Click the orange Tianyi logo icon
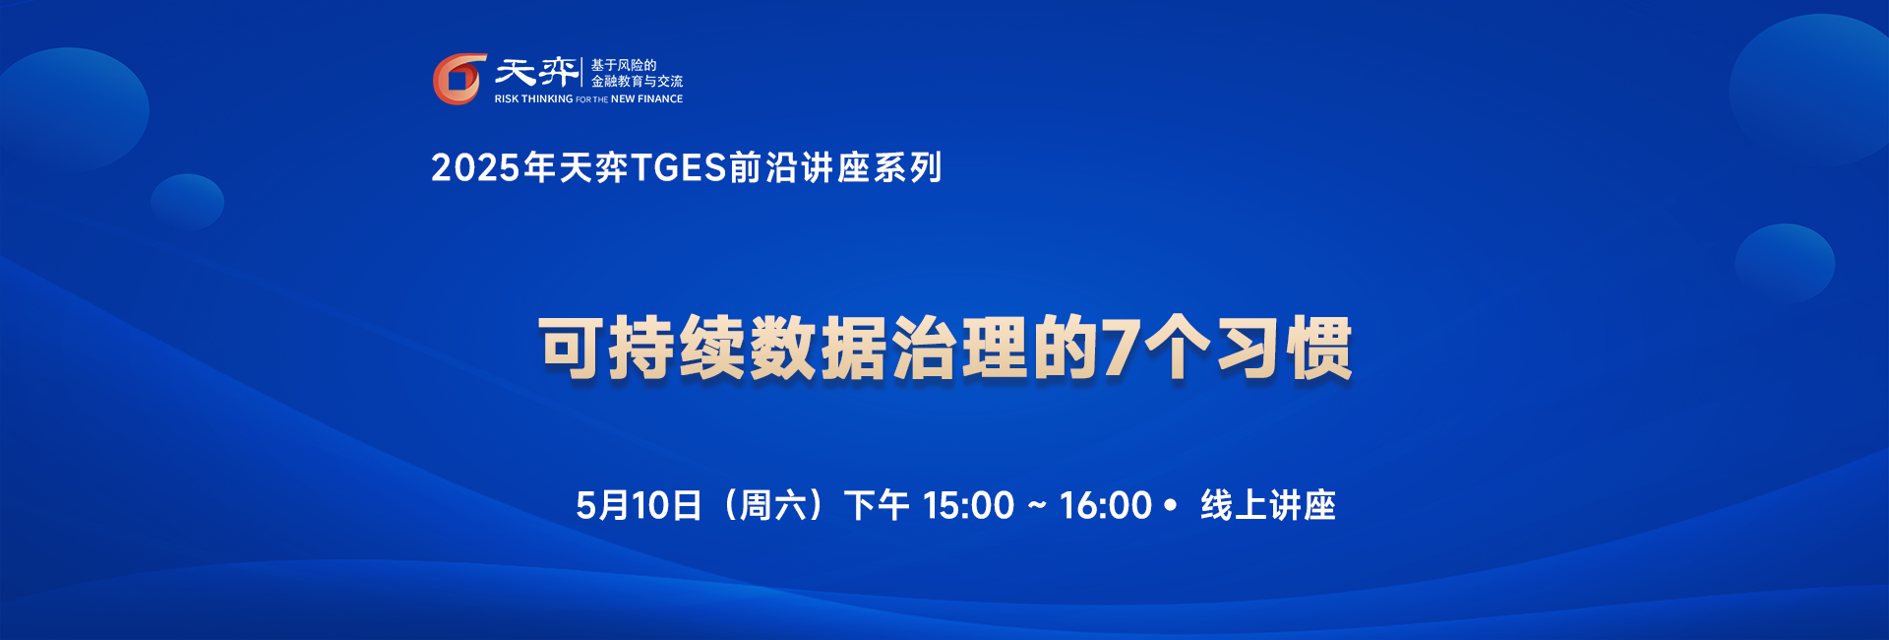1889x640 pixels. pos(459,79)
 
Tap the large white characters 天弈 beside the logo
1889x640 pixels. pos(536,71)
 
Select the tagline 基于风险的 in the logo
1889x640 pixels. pos(624,65)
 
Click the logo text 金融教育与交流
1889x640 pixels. pos(637,82)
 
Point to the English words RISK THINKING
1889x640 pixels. pos(533,98)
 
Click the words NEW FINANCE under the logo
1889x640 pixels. pos(646,98)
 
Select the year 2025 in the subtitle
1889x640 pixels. pos(475,168)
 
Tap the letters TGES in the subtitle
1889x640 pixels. pos(679,168)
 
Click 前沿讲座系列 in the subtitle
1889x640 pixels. pos(836,168)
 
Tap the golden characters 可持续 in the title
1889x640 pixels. pos(642,349)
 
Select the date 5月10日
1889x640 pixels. pos(639,505)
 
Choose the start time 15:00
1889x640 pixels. pos(968,505)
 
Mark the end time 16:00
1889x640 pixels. pos(1105,505)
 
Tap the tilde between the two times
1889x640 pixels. pos(1037,506)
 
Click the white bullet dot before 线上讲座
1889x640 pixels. pos(1170,505)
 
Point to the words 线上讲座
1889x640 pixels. pos(1268,505)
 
